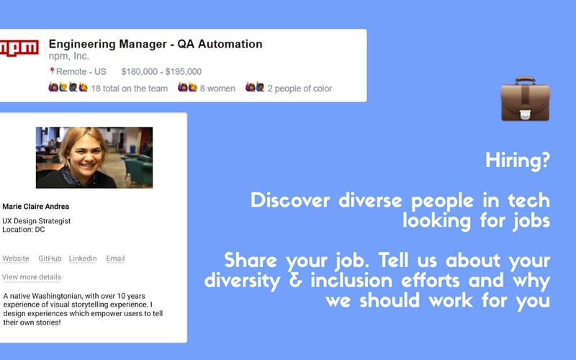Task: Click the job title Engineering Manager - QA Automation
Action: coord(155,44)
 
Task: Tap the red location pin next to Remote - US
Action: coord(52,71)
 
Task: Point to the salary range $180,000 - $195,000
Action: coord(161,71)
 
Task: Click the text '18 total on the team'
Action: coord(130,89)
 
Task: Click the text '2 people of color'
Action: coord(300,89)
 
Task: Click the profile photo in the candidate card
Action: coord(94,158)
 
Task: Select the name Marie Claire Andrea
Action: coord(36,207)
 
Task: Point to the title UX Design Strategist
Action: coord(37,220)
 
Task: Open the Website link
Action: coord(16,258)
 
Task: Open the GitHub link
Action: coord(50,258)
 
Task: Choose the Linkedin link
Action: coord(83,258)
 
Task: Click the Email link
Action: coord(115,258)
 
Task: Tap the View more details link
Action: coord(32,277)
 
